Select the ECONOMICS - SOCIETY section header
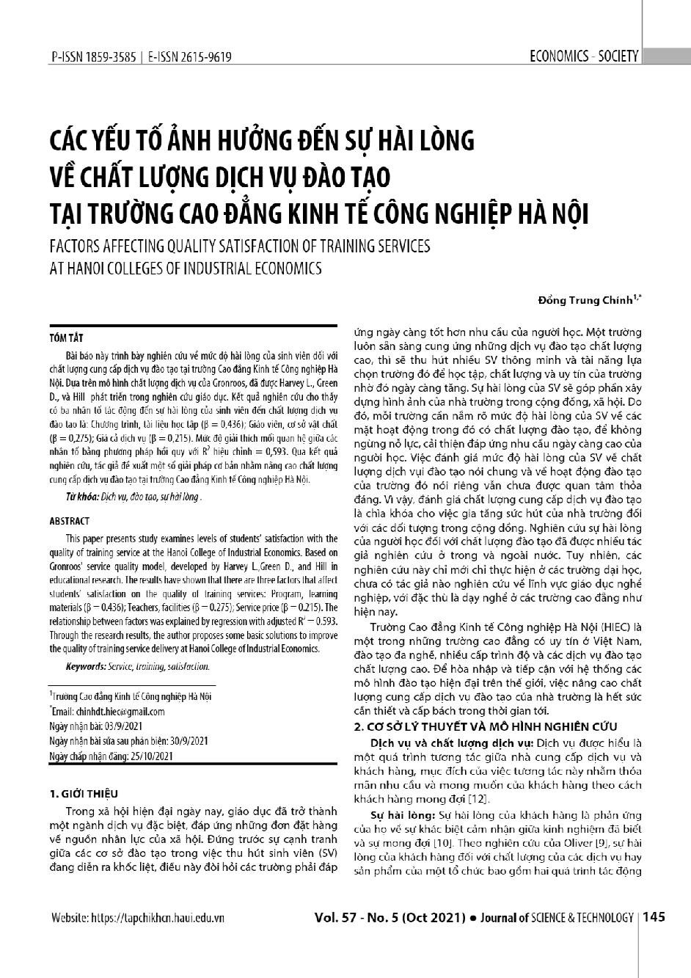point(584,56)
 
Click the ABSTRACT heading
point(69,521)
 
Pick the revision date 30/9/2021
point(179,740)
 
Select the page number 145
point(653,917)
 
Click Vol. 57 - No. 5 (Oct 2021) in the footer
point(390,917)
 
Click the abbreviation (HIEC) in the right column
point(615,627)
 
